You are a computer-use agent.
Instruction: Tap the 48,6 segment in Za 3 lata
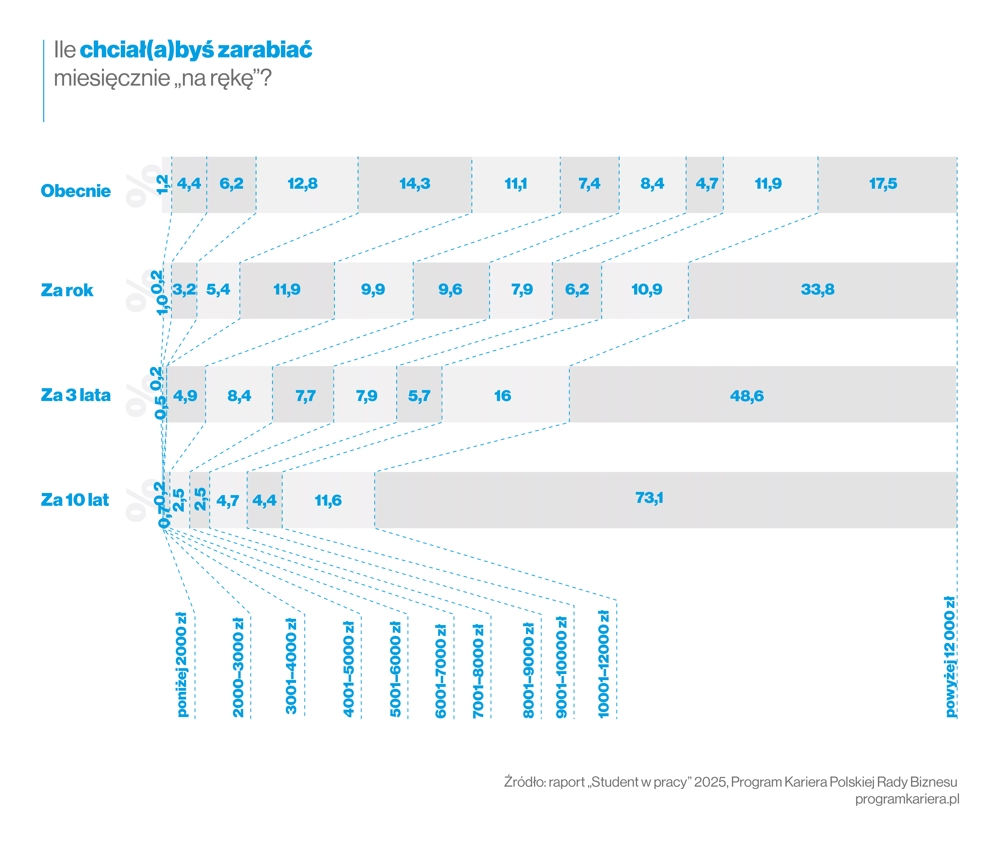click(x=763, y=394)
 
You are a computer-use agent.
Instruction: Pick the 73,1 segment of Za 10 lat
click(x=666, y=500)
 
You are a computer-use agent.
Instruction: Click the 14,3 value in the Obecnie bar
click(x=415, y=184)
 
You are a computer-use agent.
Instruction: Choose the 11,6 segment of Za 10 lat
click(x=328, y=500)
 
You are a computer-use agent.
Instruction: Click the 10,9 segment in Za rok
click(x=645, y=290)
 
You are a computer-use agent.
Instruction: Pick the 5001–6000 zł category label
click(x=395, y=669)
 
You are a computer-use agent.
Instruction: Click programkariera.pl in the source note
click(x=907, y=798)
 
